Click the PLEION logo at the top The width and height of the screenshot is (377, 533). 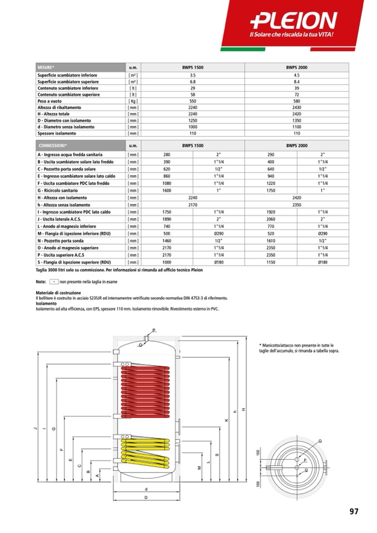294,21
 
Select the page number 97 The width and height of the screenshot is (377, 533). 354,511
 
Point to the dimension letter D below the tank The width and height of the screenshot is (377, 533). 146,497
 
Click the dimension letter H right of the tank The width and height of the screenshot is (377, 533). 244,410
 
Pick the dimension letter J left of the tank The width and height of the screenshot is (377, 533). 34,428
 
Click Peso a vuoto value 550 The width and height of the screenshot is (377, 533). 193,102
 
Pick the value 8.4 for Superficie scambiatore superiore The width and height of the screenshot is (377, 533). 296,81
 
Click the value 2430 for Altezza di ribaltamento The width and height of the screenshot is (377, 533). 296,107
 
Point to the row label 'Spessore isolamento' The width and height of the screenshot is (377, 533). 57,133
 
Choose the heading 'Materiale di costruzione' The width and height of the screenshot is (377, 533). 58,292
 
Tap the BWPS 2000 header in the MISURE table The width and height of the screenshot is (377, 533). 296,67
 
